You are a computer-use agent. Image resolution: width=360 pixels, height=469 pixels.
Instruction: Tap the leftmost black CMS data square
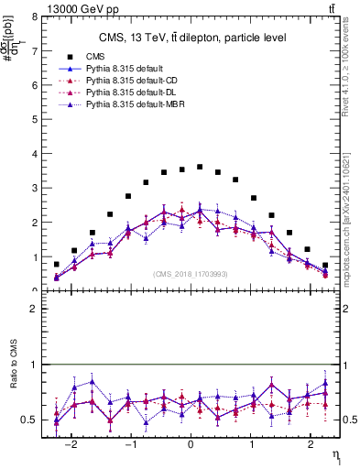[57, 264]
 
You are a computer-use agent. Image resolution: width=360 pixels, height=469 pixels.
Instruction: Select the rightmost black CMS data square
[325, 265]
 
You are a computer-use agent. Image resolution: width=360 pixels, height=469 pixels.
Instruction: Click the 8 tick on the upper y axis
[34, 16]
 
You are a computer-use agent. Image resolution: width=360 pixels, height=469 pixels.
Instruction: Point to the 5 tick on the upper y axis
[34, 119]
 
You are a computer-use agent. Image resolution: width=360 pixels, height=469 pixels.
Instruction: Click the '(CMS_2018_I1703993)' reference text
[191, 274]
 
